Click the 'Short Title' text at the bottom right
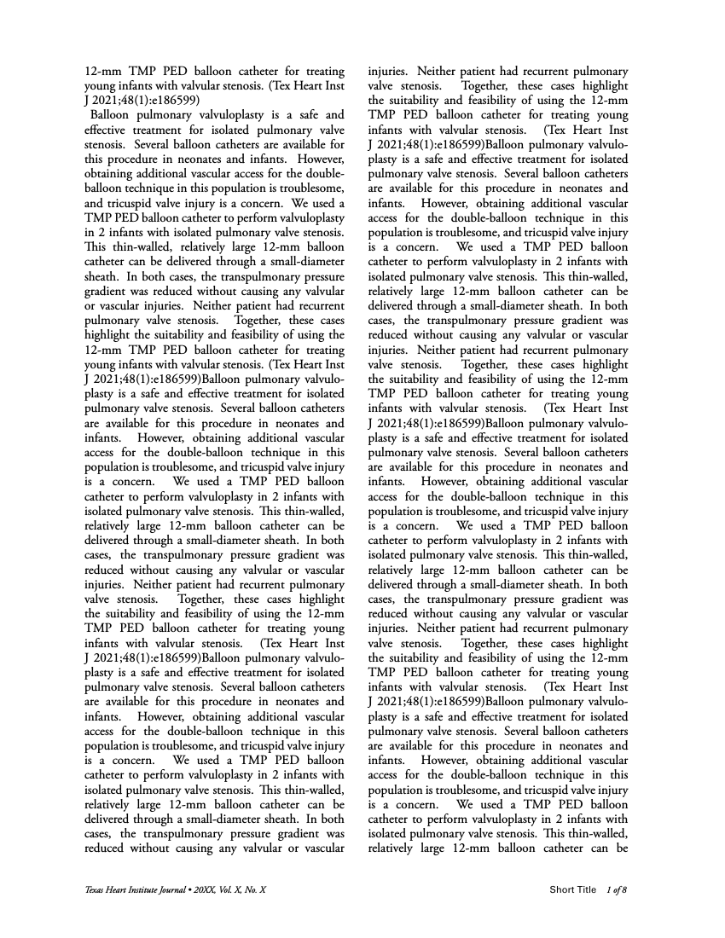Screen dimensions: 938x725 [x=572, y=890]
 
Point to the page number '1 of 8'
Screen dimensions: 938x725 [x=616, y=890]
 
